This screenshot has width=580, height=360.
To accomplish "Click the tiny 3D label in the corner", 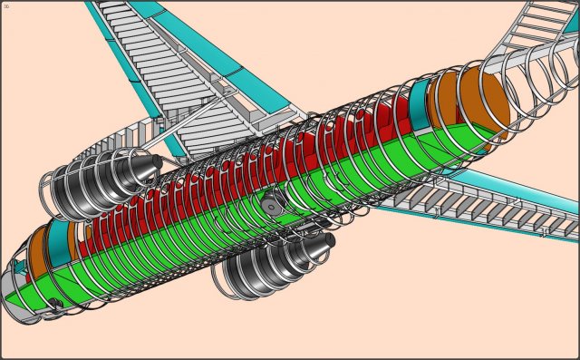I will pos(6,5).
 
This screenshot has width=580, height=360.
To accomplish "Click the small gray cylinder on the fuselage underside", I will pos(271,206).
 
